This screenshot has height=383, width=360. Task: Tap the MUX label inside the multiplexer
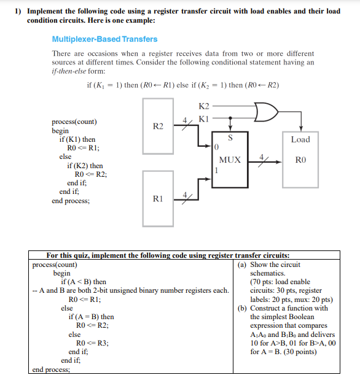pos(230,160)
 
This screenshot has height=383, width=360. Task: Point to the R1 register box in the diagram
pos(158,198)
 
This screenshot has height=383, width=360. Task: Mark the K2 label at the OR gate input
pos(205,107)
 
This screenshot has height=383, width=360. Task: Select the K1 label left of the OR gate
pos(205,118)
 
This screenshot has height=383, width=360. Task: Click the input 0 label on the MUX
pos(216,149)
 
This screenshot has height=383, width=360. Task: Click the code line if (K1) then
pos(77,139)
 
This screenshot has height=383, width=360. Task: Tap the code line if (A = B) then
pos(91,317)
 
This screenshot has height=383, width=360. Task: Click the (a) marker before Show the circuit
pos(242,265)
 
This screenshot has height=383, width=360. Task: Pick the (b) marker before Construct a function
pos(242,308)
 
